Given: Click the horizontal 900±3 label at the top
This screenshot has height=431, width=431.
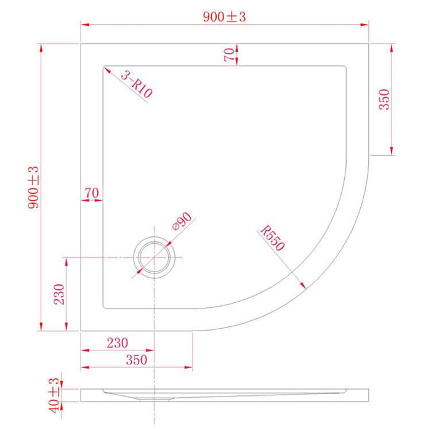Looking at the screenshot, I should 225,17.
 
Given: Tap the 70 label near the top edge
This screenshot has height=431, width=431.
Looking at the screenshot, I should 230,54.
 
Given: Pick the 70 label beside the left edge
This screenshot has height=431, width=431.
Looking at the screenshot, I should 92,193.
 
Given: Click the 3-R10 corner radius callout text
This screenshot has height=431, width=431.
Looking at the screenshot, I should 137,84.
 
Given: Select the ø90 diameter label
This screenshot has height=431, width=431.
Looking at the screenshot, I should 183,222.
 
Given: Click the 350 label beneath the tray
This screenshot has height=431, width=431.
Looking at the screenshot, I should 136,360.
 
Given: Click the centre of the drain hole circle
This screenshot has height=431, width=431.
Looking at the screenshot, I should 154,257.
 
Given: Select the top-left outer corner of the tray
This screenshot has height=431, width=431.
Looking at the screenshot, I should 81,43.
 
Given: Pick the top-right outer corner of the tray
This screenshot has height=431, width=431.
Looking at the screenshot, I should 369,43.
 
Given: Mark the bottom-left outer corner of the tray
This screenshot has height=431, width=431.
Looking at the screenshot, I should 81,331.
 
